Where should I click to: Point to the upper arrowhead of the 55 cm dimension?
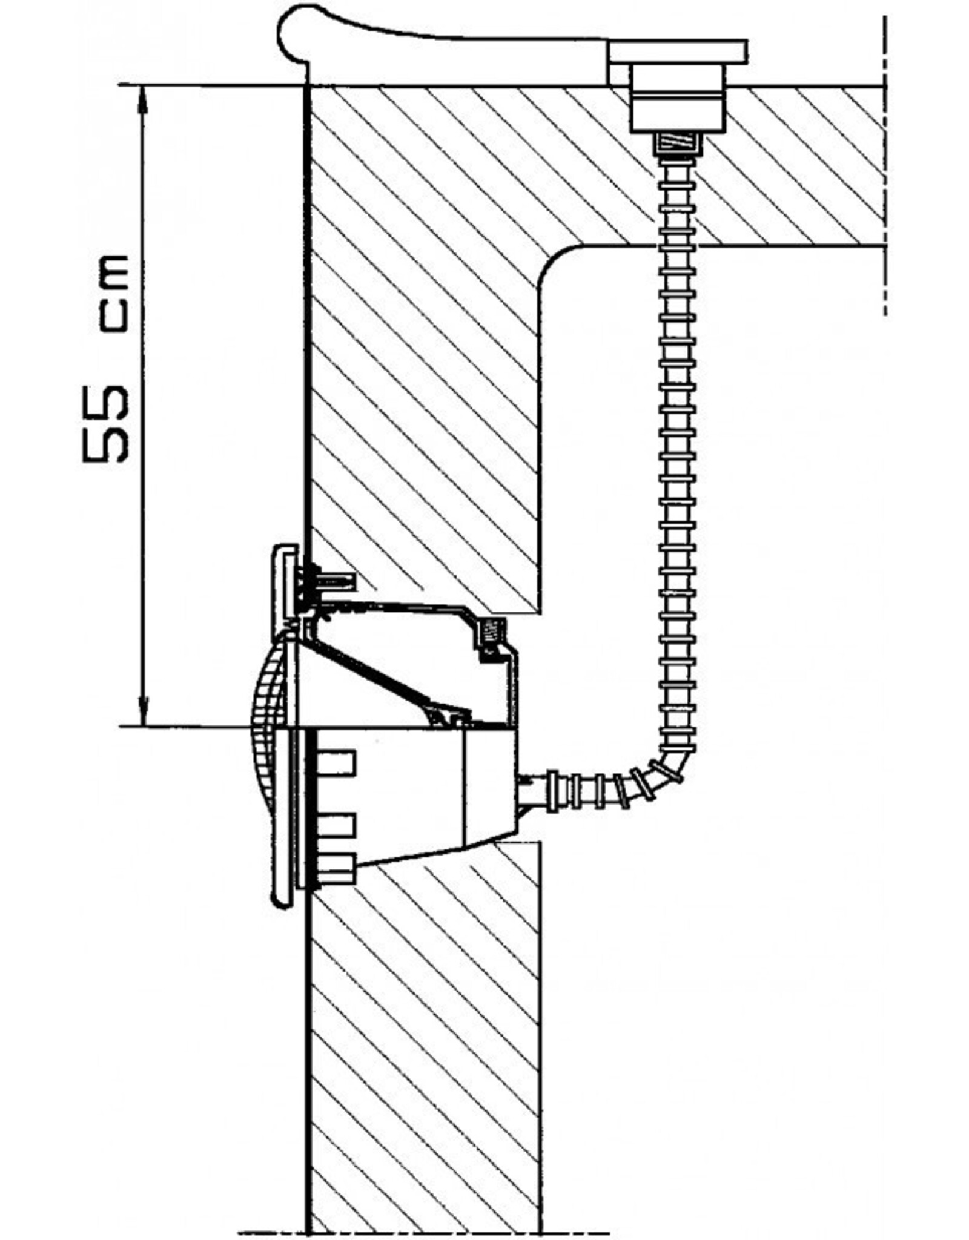[144, 97]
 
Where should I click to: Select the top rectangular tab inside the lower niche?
[335, 762]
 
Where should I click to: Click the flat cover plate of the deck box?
[678, 51]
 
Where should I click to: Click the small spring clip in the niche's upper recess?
[490, 633]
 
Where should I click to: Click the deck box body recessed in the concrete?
[678, 100]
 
